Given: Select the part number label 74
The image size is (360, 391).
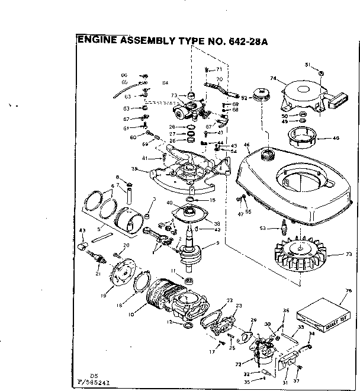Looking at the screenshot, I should click(x=274, y=78).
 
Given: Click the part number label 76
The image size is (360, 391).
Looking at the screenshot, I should click(x=348, y=290).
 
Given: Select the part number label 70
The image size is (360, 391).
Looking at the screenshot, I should click(x=218, y=79).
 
